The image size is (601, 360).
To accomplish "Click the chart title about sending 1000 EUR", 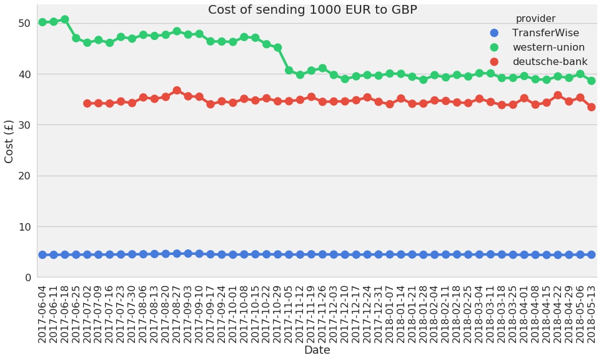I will coord(312,10).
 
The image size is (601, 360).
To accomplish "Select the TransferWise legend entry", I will coord(545,33).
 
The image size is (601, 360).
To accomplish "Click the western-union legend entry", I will coord(549,47).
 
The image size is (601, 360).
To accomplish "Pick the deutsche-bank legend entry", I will coord(550,62).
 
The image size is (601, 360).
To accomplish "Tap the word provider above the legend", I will coord(535,19).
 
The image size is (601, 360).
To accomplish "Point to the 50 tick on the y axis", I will coord(24,23).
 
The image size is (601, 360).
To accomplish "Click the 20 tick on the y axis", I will coord(24,176).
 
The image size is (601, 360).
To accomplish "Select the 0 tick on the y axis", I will coord(27,277).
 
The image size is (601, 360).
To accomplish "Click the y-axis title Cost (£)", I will coord(9,141).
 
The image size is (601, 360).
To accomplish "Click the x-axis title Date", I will coord(317,351).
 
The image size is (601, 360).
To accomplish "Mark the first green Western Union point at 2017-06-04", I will coord(42,22).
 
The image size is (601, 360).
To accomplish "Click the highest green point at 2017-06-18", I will coord(65,19).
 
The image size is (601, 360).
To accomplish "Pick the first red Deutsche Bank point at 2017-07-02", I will coord(87,103).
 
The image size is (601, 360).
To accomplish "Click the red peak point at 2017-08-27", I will coord(177,91).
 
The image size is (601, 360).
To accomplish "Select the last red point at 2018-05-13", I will coord(591,107).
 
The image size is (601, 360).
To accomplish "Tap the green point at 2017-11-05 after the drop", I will coord(289,71).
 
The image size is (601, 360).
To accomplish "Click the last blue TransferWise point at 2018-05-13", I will coord(591,254).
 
